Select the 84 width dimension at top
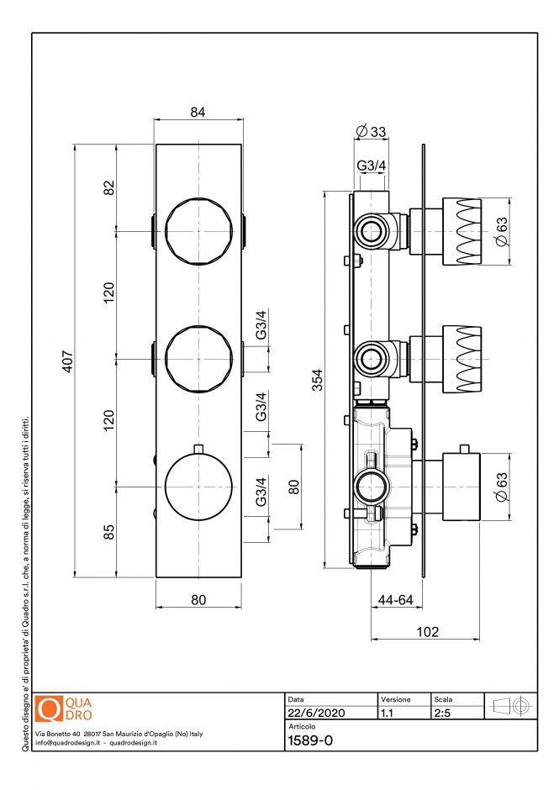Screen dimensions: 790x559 198,113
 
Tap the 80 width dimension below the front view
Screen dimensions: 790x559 198,599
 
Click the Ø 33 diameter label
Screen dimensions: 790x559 371,131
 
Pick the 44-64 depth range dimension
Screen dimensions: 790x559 394,599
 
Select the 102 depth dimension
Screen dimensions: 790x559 427,632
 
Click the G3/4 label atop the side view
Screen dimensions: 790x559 371,166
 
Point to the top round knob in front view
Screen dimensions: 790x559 198,231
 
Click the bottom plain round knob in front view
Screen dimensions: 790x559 198,487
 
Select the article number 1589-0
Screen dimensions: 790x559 310,740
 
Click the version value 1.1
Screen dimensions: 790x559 388,713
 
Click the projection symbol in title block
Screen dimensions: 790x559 510,706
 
